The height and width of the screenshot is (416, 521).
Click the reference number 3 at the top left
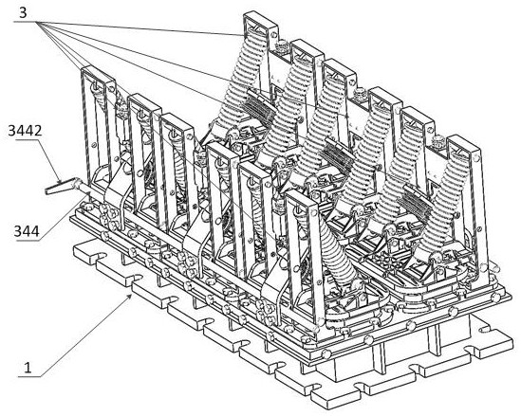(24, 13)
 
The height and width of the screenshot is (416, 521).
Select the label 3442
(25, 131)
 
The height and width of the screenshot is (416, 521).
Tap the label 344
(27, 231)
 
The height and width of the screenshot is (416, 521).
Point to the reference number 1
(28, 368)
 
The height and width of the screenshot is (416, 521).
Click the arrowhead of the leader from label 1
(130, 296)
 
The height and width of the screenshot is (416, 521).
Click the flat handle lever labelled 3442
(60, 187)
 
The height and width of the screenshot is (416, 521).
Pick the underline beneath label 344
(28, 240)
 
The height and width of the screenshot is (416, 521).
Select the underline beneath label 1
(29, 376)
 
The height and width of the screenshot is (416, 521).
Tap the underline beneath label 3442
(24, 140)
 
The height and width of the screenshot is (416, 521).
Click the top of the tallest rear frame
(260, 20)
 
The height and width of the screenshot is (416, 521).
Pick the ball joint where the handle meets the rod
(77, 182)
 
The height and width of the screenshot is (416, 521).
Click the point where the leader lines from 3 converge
(37, 22)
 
